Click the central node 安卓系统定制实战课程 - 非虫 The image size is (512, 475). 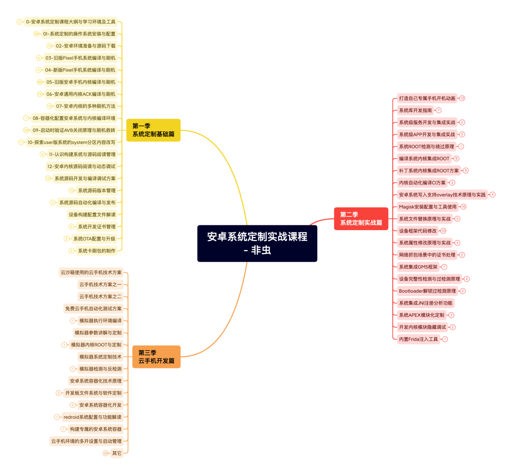pos(257,243)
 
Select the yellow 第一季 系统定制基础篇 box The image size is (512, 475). pos(153,130)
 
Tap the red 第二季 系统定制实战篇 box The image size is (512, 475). pos(361,218)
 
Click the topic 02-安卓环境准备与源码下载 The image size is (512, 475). pos(85,46)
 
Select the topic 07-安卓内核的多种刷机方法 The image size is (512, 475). pos(85,106)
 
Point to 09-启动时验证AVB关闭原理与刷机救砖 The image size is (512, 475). pos(73,130)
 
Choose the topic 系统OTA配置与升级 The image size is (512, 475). pos(94,239)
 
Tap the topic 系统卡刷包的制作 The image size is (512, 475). pos(96,251)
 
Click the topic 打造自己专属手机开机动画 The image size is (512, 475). pos(427,99)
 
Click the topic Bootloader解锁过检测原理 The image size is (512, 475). pos(427,291)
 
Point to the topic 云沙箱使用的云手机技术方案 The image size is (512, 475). pos(91,272)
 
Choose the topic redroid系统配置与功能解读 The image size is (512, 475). pos(92,417)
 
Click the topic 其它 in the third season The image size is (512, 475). pos(117,453)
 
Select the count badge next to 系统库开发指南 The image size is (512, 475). pos(439,110)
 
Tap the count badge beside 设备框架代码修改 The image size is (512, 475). pos(443,231)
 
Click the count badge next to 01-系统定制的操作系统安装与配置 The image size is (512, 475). pos(37,34)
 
